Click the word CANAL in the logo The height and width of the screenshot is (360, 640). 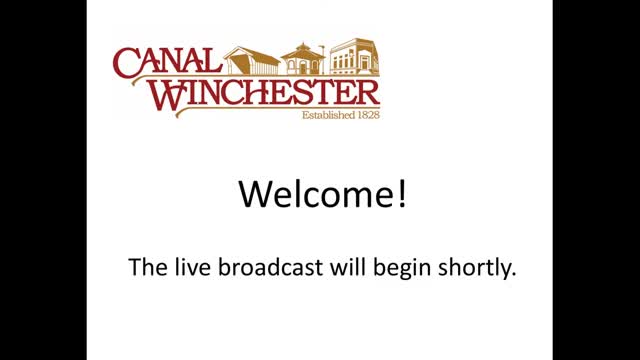167,62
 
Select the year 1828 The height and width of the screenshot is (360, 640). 369,115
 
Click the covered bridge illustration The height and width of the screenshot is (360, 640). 251,61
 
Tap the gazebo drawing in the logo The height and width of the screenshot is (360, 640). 303,59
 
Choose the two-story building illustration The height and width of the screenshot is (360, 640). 354,56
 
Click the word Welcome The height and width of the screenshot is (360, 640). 316,194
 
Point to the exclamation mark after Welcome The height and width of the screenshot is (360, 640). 402,194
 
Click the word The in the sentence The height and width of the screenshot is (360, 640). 148,267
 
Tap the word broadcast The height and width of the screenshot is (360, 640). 271,267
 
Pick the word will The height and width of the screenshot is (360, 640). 348,267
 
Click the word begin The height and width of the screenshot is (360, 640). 402,269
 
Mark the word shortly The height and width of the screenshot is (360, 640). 473,269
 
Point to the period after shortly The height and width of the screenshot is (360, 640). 513,275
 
